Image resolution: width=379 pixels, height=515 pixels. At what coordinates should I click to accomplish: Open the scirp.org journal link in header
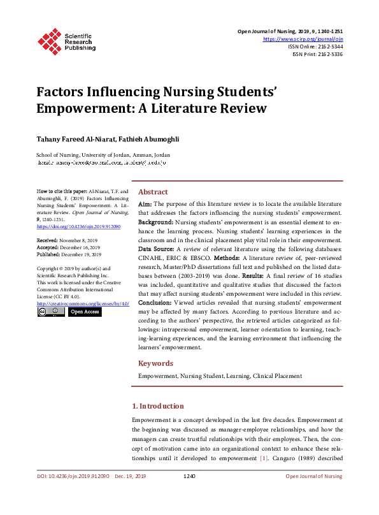303,39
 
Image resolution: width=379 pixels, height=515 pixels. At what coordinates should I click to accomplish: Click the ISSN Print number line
317,54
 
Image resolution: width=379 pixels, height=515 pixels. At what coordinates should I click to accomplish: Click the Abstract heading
153,192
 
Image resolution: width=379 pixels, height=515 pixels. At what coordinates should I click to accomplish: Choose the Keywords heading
155,363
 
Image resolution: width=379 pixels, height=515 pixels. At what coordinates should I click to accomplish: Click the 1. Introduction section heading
157,406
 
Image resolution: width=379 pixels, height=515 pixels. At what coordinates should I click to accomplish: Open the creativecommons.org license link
83,303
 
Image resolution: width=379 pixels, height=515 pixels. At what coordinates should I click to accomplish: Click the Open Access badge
85,312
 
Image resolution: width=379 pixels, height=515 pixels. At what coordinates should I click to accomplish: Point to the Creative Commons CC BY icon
51,312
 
